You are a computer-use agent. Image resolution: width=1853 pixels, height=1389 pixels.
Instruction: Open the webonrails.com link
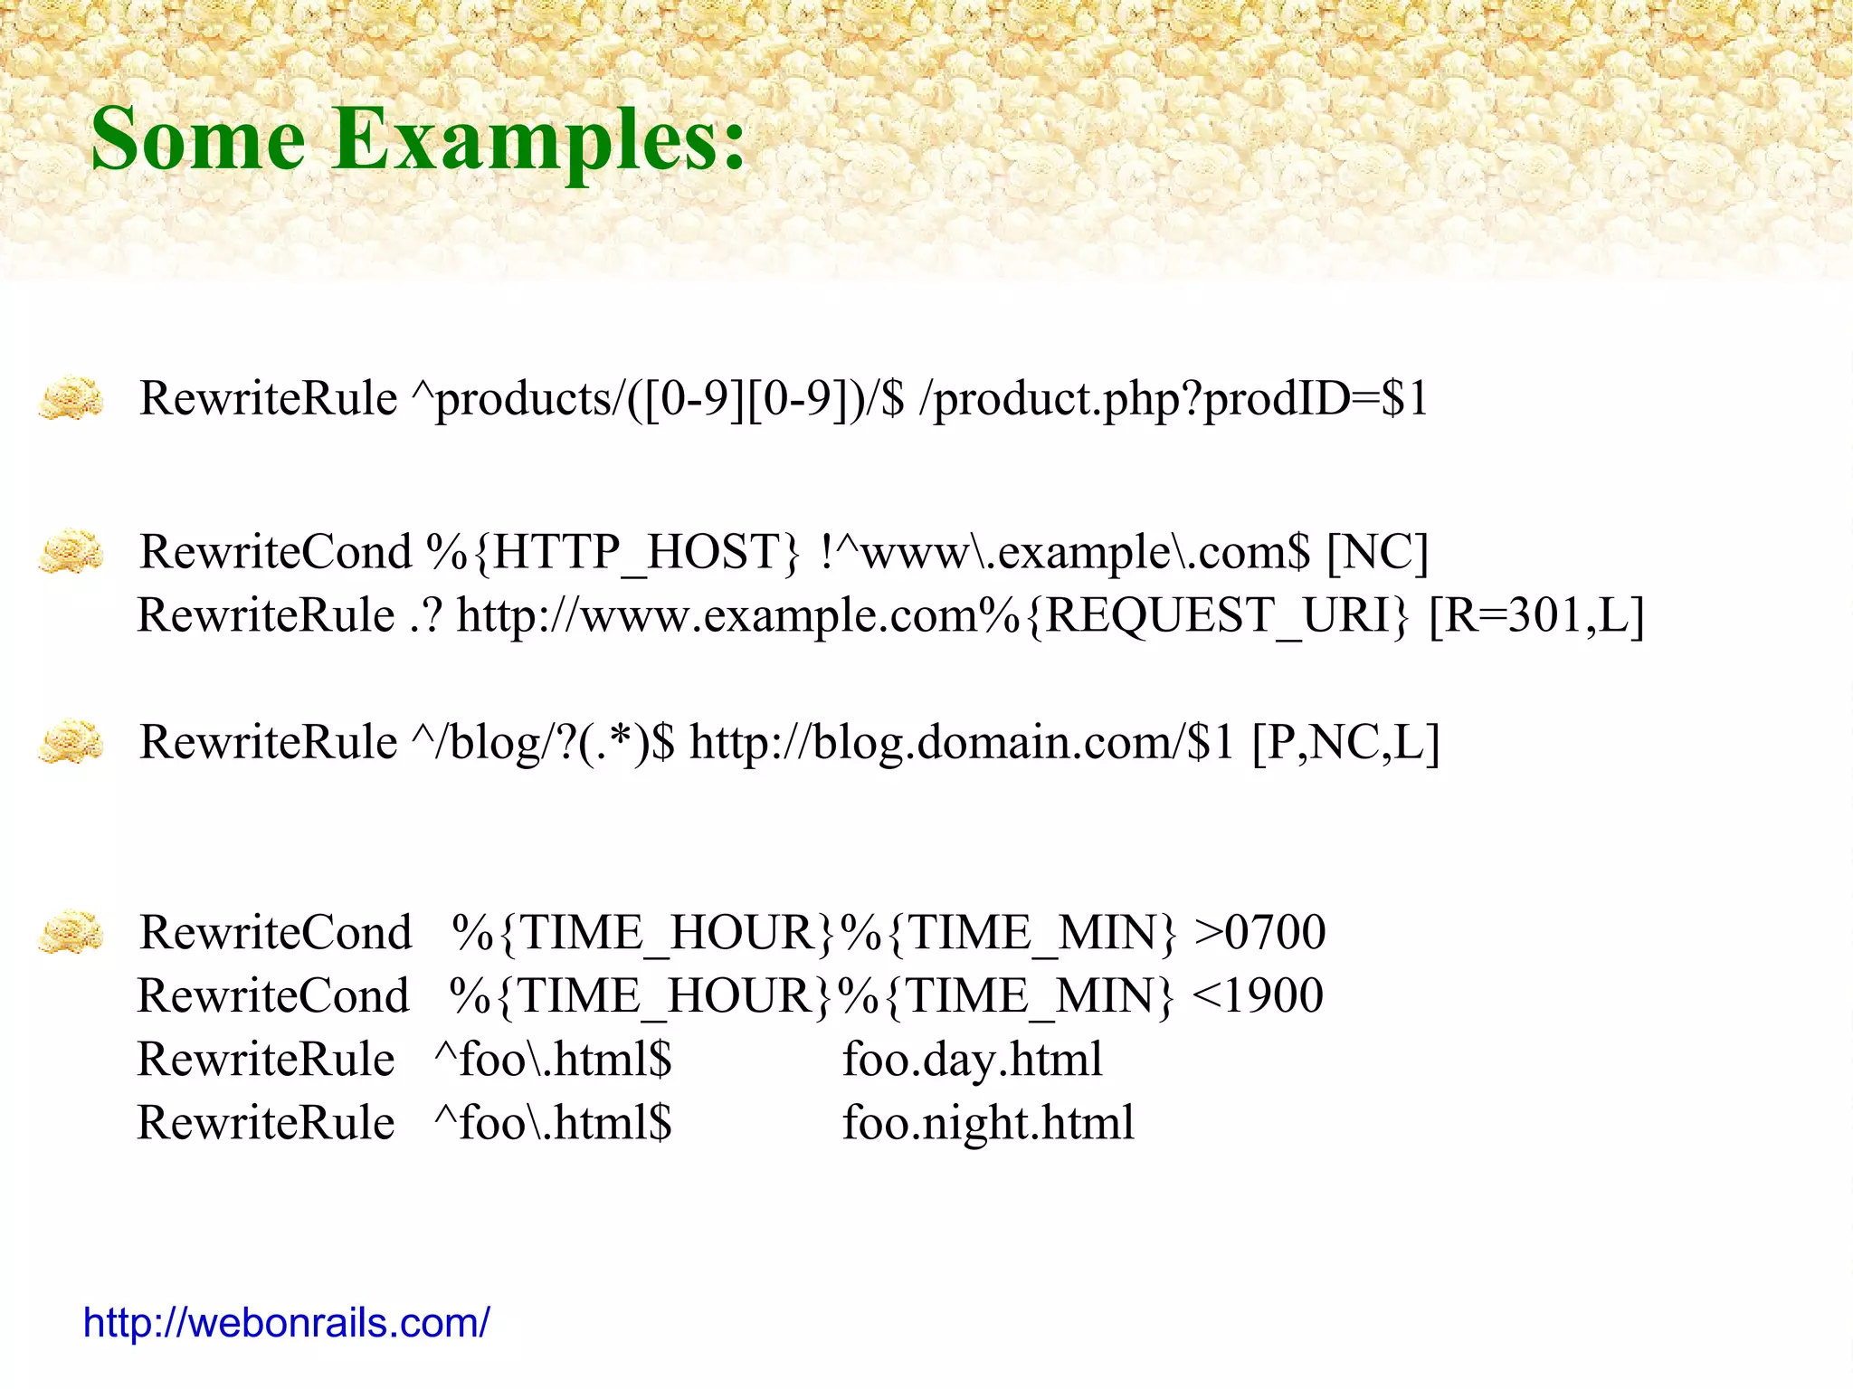[286, 1323]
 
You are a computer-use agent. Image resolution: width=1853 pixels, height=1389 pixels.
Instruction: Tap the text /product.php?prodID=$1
[1173, 398]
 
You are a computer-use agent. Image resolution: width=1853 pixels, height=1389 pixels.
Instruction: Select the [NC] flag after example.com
[1376, 552]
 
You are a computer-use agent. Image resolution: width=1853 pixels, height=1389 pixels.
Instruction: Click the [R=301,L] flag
[1535, 615]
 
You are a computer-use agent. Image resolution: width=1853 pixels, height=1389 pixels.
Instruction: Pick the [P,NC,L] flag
[1345, 742]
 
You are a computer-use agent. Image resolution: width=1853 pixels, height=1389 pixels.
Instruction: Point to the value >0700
[1259, 932]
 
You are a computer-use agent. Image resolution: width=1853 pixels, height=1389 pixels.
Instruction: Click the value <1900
[1258, 995]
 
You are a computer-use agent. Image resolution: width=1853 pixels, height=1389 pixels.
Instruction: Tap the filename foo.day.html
[973, 1059]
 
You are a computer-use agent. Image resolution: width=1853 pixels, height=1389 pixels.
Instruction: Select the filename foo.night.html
[988, 1122]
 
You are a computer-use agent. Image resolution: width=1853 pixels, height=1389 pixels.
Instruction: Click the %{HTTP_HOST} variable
[613, 552]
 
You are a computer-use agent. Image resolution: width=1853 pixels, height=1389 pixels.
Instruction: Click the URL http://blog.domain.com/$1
[961, 742]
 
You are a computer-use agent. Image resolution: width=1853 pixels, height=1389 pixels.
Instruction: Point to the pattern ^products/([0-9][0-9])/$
[658, 398]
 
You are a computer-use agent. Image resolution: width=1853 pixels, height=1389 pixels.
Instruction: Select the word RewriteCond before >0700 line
[275, 932]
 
